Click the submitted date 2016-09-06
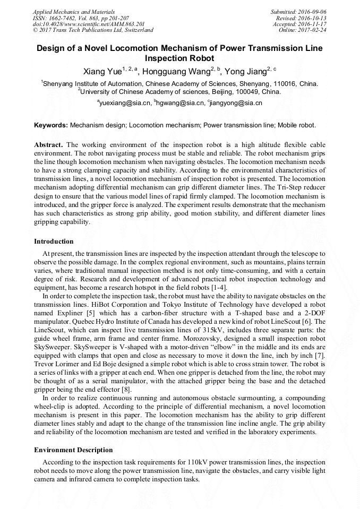click(x=313, y=12)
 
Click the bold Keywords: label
click(x=51, y=125)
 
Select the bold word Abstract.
click(x=48, y=145)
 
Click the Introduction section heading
click(x=54, y=241)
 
